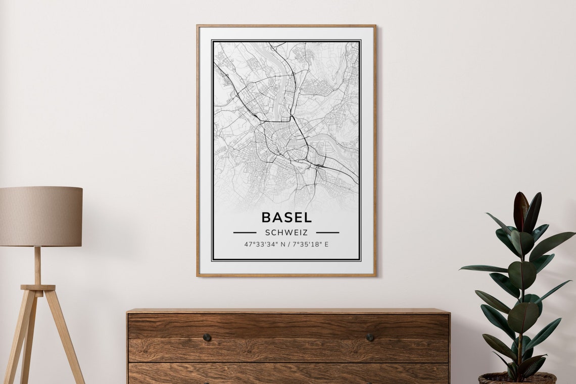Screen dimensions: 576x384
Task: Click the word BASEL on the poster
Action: point(286,217)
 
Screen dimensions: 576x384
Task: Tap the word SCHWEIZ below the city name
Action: point(286,232)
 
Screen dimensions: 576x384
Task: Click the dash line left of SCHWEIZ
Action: point(245,232)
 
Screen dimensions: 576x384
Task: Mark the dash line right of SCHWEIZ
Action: point(327,232)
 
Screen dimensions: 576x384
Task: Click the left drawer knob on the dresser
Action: point(207,337)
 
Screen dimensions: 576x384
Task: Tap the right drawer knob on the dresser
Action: point(369,337)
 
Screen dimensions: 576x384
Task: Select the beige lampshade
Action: point(40,216)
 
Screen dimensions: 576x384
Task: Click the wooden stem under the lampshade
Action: point(37,265)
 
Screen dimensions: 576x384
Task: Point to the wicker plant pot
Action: point(517,378)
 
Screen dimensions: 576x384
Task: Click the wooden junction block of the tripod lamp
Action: point(38,287)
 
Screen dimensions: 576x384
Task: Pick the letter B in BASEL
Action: point(266,217)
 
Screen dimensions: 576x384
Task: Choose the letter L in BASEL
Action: point(308,217)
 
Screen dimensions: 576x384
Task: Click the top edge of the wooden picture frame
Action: point(286,26)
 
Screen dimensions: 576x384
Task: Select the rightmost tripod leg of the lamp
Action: point(65,339)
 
